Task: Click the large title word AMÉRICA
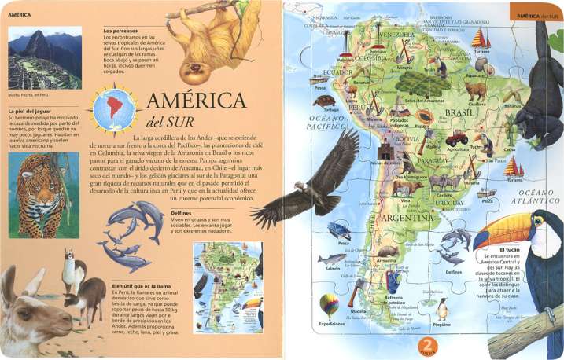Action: (x=196, y=102)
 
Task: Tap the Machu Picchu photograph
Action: (x=44, y=59)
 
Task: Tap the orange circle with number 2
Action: (x=427, y=345)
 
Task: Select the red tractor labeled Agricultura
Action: (x=457, y=138)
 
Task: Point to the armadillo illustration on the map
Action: (x=386, y=252)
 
